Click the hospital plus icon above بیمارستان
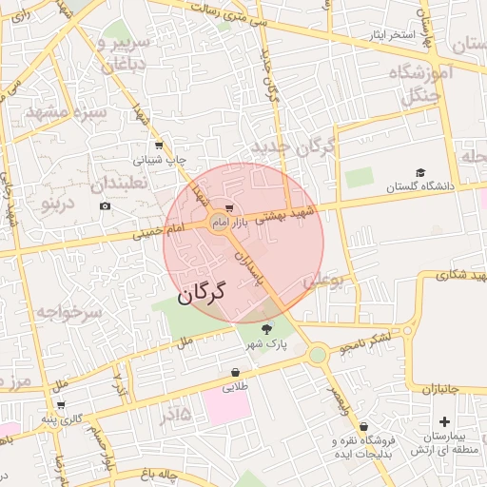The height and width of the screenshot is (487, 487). click(x=445, y=420)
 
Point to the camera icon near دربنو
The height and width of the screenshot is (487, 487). click(x=105, y=206)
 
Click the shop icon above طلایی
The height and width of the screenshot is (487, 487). click(x=235, y=372)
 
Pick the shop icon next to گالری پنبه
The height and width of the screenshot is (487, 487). click(x=61, y=405)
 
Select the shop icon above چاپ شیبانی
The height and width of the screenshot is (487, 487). click(x=158, y=146)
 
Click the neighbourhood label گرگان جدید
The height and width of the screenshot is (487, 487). click(x=295, y=147)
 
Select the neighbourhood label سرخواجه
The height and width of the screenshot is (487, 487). click(x=68, y=311)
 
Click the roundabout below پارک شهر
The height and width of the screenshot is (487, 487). click(x=318, y=355)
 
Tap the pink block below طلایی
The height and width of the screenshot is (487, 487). click(x=225, y=408)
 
